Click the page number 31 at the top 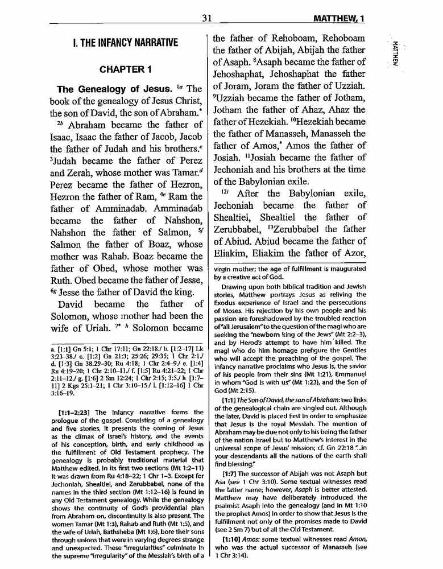pyautogui.click(x=206, y=19)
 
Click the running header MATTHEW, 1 pyautogui.click(x=333, y=19)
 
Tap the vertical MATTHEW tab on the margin pyautogui.click(x=395, y=54)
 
